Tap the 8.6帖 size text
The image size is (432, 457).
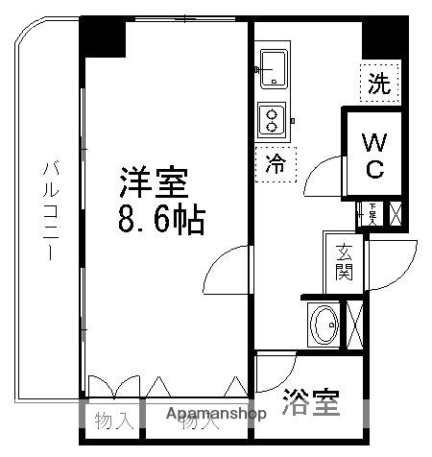(x=160, y=221)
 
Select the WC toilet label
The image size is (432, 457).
(x=373, y=156)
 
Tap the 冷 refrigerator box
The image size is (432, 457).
(x=276, y=163)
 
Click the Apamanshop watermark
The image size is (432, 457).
(x=216, y=415)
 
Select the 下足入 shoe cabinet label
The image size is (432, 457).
(x=372, y=213)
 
